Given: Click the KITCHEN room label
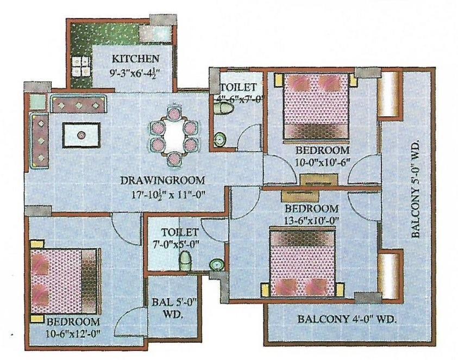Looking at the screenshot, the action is tap(135, 59).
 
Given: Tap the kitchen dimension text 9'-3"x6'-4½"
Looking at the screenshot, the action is tap(135, 72).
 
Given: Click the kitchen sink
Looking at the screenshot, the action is tap(154, 34).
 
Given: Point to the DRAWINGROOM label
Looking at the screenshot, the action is tap(162, 181).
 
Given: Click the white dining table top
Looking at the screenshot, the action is tap(174, 135).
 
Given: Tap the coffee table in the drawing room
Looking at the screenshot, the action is tap(81, 135).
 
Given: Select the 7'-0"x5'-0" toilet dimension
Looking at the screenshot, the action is tap(180, 244).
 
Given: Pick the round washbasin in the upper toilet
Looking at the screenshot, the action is tap(220, 140).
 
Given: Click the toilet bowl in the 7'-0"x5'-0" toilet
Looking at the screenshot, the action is tap(185, 261).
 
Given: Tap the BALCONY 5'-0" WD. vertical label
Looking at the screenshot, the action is tap(416, 189).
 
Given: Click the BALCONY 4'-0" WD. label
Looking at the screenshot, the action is tap(347, 319).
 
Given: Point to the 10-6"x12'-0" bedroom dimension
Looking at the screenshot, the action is tap(73, 333).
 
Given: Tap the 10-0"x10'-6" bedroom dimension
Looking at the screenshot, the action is tap(322, 162).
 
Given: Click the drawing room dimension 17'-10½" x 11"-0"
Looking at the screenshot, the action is tap(168, 195).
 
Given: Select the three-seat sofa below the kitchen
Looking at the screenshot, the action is tap(78, 104).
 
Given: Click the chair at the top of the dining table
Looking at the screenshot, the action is tap(174, 112).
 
